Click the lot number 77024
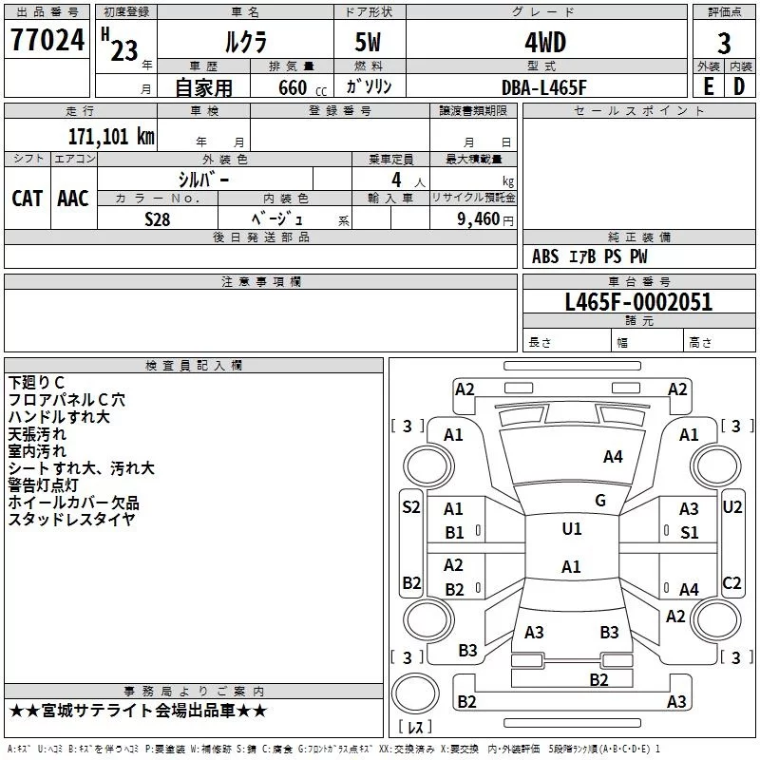(47, 40)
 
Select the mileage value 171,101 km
(111, 137)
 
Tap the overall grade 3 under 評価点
(724, 43)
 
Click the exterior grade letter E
(708, 86)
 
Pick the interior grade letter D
(739, 86)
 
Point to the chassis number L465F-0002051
(638, 302)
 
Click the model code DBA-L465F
(543, 87)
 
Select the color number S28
(158, 219)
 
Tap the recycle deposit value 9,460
(478, 219)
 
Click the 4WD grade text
(545, 43)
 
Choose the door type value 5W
(368, 42)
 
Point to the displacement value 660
(293, 87)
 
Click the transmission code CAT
(28, 199)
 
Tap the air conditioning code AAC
(73, 199)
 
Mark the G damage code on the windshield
(600, 501)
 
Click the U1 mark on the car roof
(572, 528)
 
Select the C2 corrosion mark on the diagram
(731, 583)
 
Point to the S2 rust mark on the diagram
(411, 507)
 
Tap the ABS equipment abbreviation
(545, 256)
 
